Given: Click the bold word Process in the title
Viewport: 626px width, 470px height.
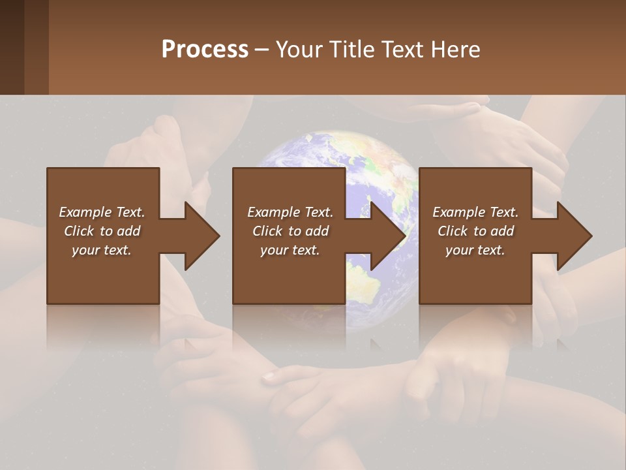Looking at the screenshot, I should pos(205,50).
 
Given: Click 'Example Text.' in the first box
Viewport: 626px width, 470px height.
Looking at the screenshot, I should pos(102,212).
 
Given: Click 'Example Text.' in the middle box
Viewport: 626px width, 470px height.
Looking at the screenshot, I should pos(290,212).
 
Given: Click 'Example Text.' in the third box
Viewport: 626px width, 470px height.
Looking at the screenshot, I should pos(475,212).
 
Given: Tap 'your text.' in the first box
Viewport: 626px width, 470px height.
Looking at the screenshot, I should pos(102,250).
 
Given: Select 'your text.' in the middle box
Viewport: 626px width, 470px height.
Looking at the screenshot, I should pos(290,250).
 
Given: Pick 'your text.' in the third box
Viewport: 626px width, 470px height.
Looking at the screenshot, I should pos(475,250).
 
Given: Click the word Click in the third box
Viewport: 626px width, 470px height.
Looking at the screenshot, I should pos(453,231).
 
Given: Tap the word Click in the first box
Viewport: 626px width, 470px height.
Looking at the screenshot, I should pos(80,231).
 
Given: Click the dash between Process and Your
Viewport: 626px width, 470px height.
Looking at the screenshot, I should pos(261,50).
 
